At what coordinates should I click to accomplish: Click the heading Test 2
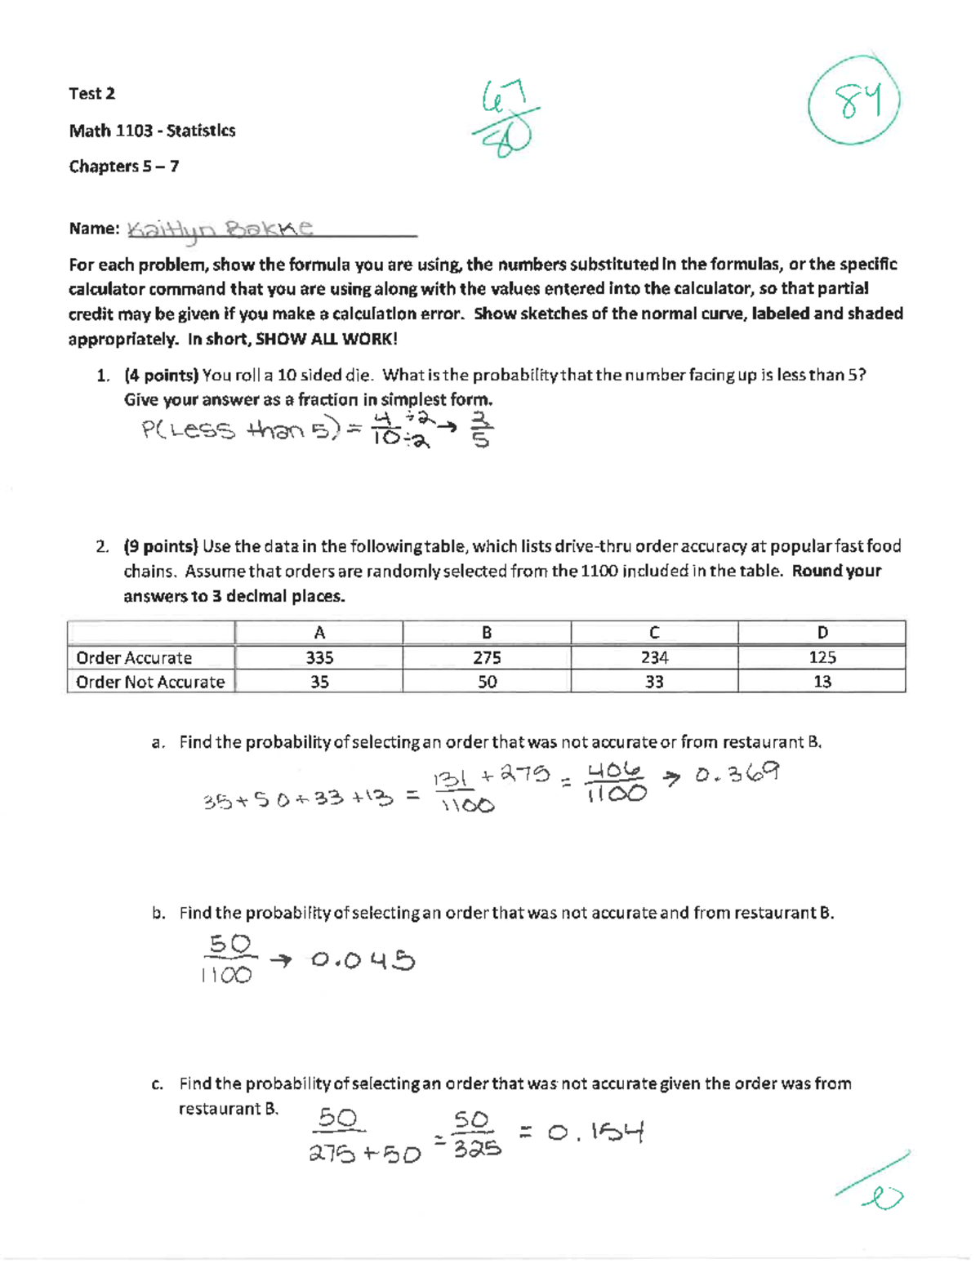[91, 94]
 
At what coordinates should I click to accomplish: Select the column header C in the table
[654, 633]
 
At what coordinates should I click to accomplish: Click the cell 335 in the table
[319, 658]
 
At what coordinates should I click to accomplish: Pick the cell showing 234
[654, 658]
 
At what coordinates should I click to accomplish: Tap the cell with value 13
[822, 682]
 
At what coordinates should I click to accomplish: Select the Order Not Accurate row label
[150, 682]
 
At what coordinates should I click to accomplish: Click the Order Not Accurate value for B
[487, 682]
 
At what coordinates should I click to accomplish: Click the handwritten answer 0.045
[363, 961]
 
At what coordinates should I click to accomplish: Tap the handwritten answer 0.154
[596, 1132]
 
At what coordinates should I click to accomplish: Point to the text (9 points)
[161, 546]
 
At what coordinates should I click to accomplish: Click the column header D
[822, 633]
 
